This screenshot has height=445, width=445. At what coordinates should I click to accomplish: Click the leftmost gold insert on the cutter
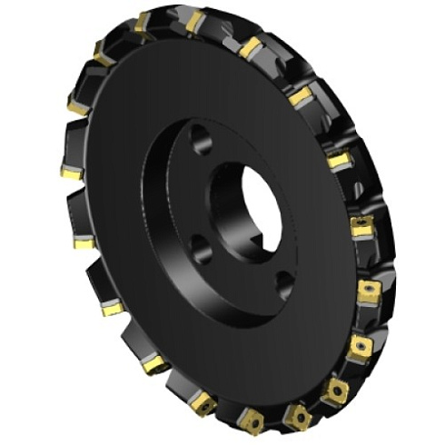click(72, 171)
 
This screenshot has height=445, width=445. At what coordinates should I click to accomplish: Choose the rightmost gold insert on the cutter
click(369, 291)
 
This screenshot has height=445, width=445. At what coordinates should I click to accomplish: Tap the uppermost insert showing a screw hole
click(362, 225)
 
